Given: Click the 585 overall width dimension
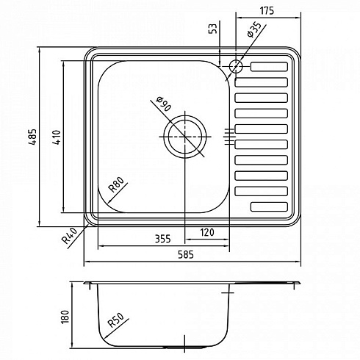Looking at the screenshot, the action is click(x=186, y=255).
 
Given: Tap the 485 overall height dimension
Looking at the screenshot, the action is click(x=32, y=137).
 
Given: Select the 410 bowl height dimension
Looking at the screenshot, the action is click(x=57, y=137).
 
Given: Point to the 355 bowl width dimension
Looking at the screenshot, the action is click(x=162, y=239).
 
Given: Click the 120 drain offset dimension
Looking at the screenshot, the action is click(x=207, y=232).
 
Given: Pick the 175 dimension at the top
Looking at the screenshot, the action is click(x=267, y=11).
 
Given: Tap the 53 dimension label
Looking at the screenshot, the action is click(x=214, y=29).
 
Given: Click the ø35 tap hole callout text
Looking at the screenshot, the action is click(x=253, y=29).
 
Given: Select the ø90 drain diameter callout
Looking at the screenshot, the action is click(x=164, y=104).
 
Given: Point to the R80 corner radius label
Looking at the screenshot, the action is click(x=117, y=184).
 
